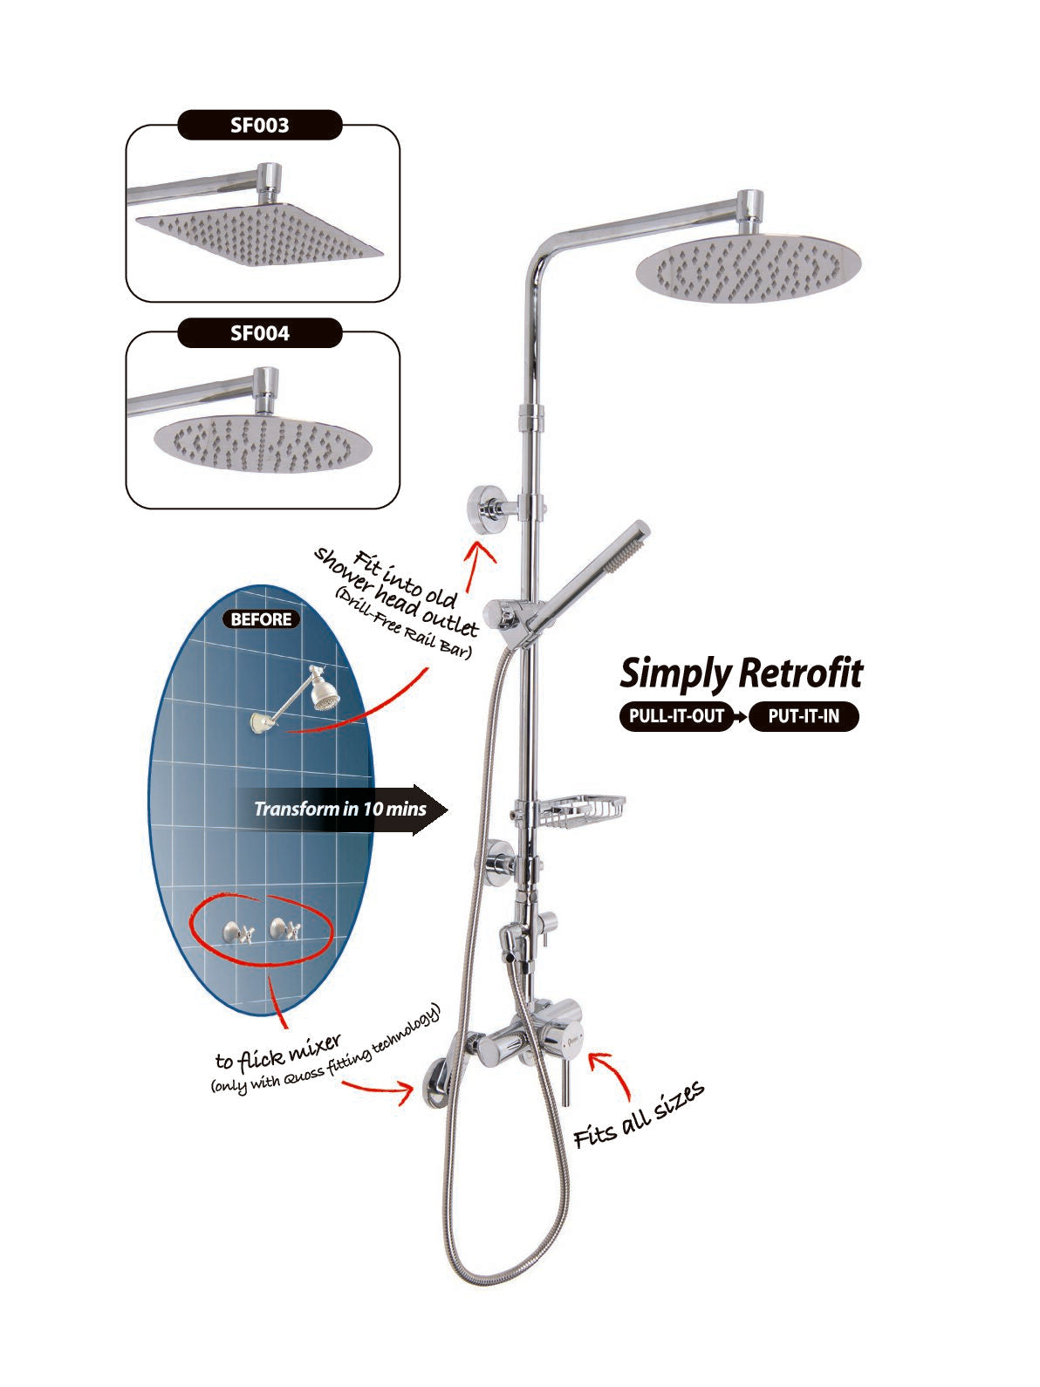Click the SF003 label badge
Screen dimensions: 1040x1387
pyautogui.click(x=260, y=125)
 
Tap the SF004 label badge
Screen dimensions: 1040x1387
pyautogui.click(x=260, y=333)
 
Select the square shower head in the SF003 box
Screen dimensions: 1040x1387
pyautogui.click(x=259, y=234)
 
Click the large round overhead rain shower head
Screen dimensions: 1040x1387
pyautogui.click(x=748, y=269)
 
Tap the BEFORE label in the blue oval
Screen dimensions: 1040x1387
pyautogui.click(x=261, y=619)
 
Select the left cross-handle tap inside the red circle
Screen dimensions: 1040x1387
pyautogui.click(x=238, y=932)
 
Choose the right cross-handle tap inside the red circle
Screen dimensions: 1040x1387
pyautogui.click(x=285, y=929)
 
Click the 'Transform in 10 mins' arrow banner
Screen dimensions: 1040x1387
pyautogui.click(x=341, y=810)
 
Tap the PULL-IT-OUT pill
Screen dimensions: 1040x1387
pyautogui.click(x=676, y=716)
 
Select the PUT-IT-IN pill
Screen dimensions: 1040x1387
pyautogui.click(x=804, y=716)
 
